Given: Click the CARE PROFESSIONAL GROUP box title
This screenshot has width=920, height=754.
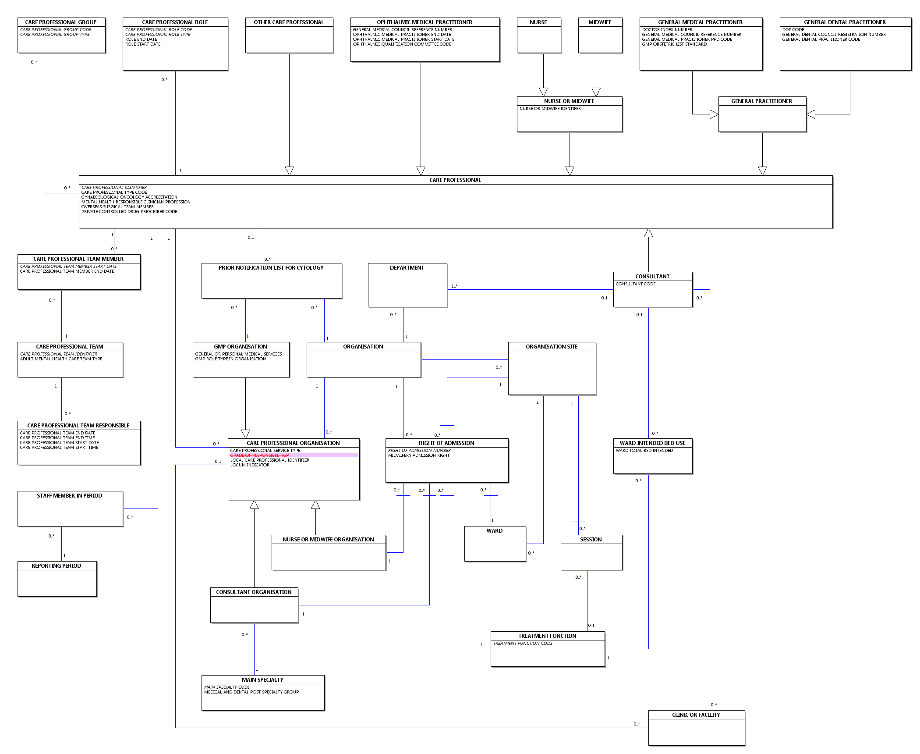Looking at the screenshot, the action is click(61, 22).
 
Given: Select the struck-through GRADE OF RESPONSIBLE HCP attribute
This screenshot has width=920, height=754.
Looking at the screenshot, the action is click(260, 455).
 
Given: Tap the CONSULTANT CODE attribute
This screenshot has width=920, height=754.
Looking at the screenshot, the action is click(636, 284).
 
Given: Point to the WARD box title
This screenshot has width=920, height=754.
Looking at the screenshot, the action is click(495, 531).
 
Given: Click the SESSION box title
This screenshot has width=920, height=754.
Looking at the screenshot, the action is click(591, 540).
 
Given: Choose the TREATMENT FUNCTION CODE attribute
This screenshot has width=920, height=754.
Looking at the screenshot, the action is click(523, 644).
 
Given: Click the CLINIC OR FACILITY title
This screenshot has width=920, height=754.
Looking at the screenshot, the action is click(696, 715).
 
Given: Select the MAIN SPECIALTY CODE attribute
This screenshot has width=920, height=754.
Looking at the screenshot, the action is click(227, 687).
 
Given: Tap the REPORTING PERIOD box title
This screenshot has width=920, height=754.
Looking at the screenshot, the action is click(57, 566).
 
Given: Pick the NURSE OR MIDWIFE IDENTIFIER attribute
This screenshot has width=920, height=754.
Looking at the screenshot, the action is click(550, 109).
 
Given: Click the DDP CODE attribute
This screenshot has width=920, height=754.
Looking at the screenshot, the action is click(793, 30).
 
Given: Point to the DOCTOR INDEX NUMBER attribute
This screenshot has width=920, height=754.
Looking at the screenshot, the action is click(667, 30).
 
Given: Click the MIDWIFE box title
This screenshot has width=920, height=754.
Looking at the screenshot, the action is click(600, 22).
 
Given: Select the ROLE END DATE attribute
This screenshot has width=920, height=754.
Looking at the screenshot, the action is click(141, 39).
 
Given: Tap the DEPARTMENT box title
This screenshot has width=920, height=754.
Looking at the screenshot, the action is click(407, 268).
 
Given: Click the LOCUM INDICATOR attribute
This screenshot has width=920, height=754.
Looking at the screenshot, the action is click(250, 465).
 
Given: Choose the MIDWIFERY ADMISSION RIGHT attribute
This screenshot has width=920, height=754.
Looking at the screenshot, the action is click(419, 455).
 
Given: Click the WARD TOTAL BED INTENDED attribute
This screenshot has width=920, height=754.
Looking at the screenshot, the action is click(644, 451).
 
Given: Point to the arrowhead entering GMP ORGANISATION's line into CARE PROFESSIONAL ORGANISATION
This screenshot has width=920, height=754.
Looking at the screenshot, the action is click(245, 434).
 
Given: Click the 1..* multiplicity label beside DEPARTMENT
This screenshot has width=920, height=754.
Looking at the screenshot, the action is click(454, 286).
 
